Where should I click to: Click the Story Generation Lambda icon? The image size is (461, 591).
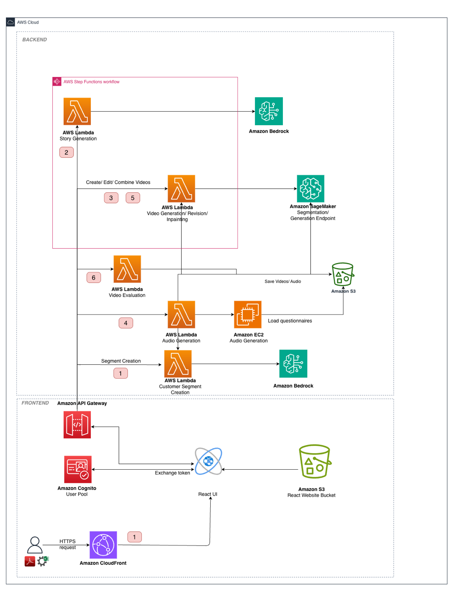click(x=77, y=112)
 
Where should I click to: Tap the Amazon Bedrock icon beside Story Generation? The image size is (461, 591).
click(x=268, y=111)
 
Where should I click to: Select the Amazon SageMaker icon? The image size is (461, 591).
click(x=310, y=189)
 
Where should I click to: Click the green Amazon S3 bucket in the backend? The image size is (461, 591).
click(x=342, y=274)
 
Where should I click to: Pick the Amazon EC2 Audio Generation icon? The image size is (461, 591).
click(x=248, y=315)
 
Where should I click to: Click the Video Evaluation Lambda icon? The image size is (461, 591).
click(x=127, y=269)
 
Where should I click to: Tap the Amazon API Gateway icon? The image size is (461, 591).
click(x=77, y=425)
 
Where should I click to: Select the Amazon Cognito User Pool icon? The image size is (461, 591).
click(x=78, y=469)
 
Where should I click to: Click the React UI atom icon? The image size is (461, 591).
click(x=208, y=461)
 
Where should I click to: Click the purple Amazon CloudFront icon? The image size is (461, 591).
click(x=103, y=545)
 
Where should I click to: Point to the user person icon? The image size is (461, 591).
click(x=35, y=545)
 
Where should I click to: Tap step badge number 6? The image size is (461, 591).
click(x=94, y=278)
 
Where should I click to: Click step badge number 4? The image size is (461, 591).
click(x=126, y=323)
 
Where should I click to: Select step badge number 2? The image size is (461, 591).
click(x=66, y=152)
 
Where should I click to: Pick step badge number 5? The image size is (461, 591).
click(x=133, y=198)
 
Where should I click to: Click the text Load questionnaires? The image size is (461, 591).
click(x=290, y=321)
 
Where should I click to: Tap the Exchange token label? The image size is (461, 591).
click(x=172, y=473)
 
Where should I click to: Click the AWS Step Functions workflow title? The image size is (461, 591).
click(x=91, y=82)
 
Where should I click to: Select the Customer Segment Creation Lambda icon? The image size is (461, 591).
click(x=178, y=364)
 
